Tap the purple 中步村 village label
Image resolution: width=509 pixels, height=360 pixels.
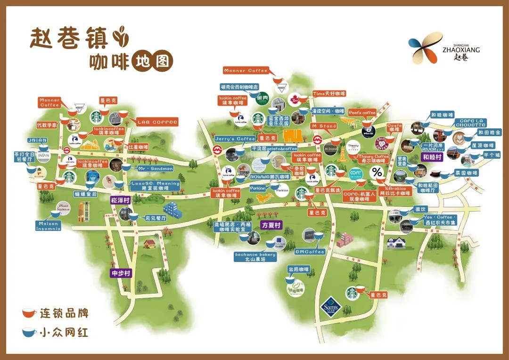(121, 273)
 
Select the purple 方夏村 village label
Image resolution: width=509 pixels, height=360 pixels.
(271, 226)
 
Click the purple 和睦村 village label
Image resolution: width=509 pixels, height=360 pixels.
(432, 157)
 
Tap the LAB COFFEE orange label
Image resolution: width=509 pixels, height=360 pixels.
(157, 122)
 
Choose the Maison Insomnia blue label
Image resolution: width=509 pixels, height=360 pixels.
(49, 226)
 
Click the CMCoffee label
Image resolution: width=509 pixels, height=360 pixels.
(310, 252)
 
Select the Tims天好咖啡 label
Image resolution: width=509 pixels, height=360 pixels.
(329, 94)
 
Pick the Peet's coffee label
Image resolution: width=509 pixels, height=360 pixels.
(362, 113)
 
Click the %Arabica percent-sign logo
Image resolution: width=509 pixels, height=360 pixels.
(377, 172)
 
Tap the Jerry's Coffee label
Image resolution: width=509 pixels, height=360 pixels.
(235, 139)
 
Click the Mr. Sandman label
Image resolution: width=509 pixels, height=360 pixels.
(155, 168)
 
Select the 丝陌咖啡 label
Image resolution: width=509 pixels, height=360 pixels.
(298, 269)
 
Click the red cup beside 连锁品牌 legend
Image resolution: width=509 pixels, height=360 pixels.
(29, 313)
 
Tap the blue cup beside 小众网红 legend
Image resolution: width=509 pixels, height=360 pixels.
(29, 332)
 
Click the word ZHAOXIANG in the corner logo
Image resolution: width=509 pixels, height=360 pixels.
(461, 49)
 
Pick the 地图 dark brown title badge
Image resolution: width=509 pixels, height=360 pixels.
(152, 61)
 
